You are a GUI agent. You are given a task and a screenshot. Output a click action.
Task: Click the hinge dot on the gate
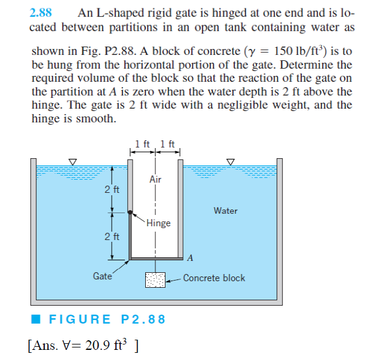tap(130, 212)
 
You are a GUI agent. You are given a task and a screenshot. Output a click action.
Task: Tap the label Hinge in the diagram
tap(158, 223)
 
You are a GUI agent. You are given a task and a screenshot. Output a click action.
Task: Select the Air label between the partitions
tap(155, 179)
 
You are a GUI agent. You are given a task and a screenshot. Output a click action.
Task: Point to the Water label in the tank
tap(225, 211)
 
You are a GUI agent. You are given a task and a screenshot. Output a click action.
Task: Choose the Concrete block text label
tap(214, 278)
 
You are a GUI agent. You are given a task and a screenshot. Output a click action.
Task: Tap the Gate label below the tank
tap(102, 276)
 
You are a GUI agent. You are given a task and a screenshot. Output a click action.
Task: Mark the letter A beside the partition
tap(190, 258)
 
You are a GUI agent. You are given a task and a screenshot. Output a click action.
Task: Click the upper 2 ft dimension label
tap(112, 190)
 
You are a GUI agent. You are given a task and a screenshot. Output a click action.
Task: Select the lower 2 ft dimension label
tap(112, 236)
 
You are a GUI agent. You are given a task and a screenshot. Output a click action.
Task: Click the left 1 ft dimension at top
tap(142, 143)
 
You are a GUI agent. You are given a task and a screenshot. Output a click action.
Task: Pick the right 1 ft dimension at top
tap(168, 143)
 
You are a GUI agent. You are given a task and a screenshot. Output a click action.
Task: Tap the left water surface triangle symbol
tap(73, 161)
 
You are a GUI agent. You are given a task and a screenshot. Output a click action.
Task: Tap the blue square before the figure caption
tap(37, 319)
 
